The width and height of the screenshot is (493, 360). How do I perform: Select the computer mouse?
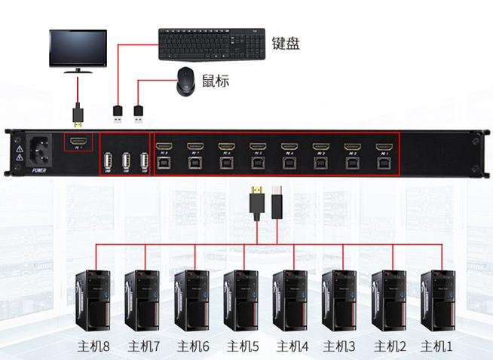[x=187, y=81]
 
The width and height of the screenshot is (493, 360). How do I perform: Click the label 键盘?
[x=286, y=42]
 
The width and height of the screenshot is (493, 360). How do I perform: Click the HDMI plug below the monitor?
[x=78, y=114]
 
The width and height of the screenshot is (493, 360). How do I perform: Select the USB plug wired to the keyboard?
[x=118, y=114]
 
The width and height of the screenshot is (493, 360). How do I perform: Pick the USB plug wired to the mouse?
[x=139, y=114]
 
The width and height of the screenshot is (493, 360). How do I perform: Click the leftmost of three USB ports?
[x=108, y=161]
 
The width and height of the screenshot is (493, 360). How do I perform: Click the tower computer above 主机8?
[x=93, y=301]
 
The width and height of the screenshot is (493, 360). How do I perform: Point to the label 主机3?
[x=339, y=347]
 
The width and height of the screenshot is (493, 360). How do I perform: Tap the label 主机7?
[x=144, y=347]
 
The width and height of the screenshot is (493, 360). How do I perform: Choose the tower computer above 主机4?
[x=290, y=301]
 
